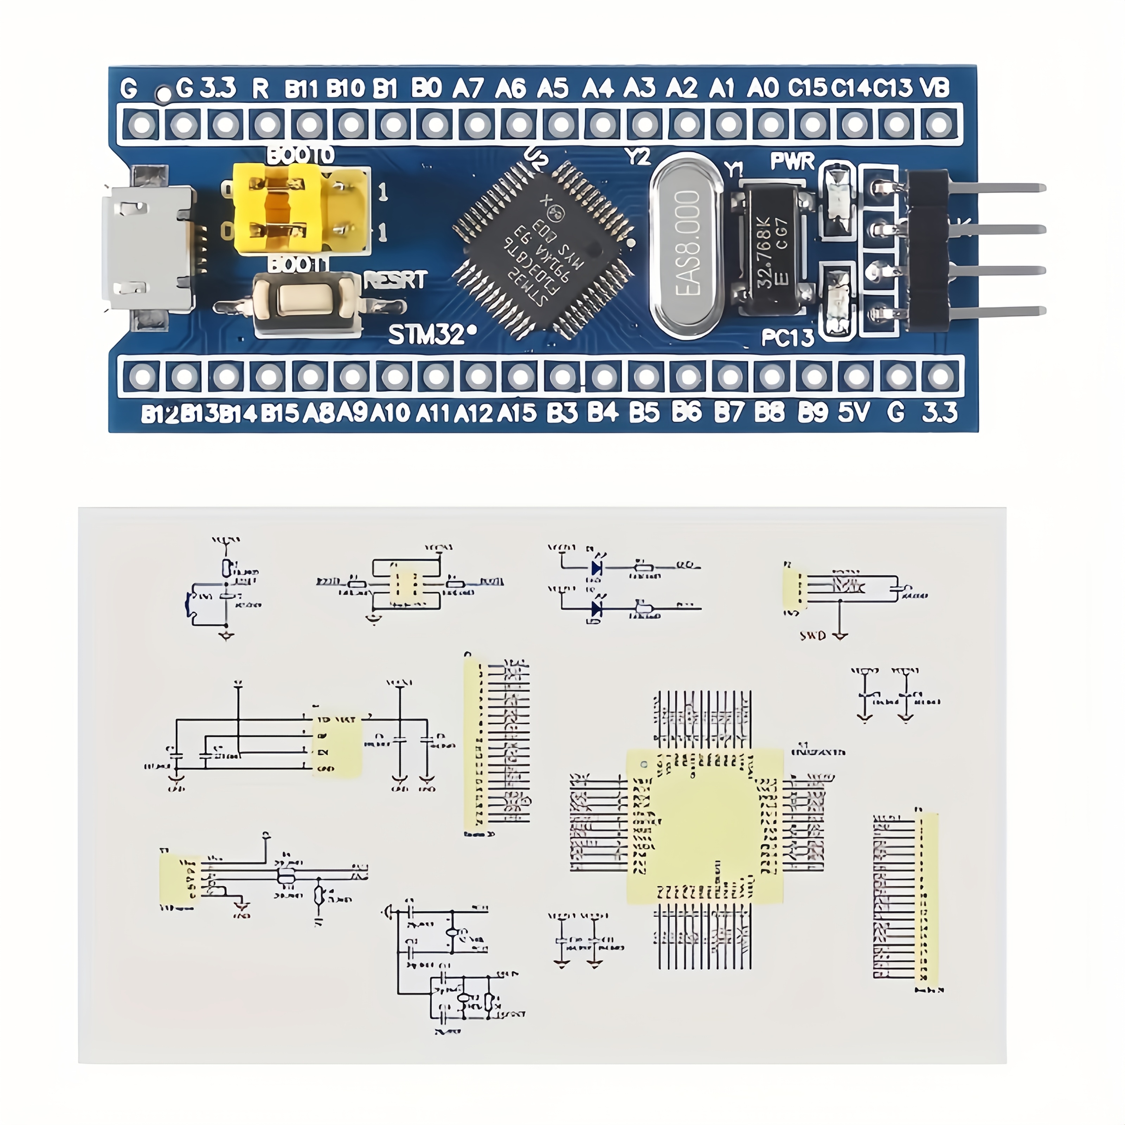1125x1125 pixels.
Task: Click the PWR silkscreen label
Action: tap(792, 161)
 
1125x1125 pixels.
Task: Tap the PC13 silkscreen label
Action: tap(787, 338)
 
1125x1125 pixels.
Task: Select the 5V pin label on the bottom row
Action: tap(854, 412)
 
